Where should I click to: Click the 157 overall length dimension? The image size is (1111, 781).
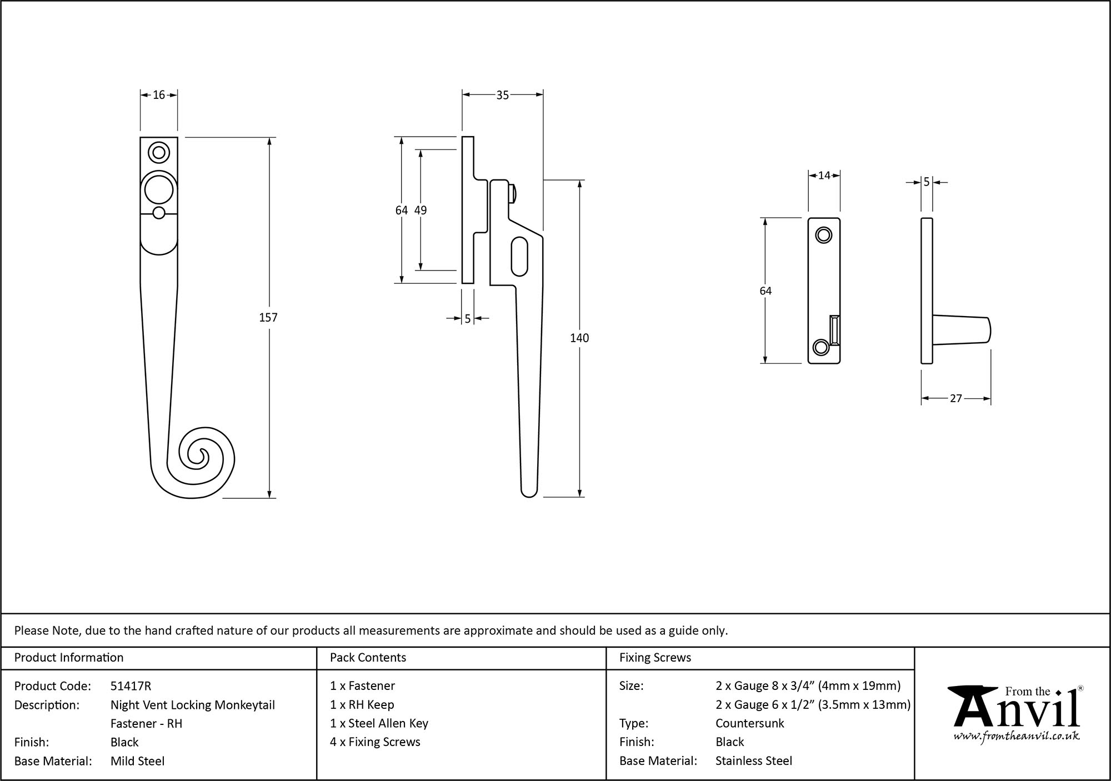coord(268,317)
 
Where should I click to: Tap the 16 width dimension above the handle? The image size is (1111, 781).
coord(159,95)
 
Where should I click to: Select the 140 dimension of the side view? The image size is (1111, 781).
coord(579,338)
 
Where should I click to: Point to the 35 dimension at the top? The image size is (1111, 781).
coord(502,96)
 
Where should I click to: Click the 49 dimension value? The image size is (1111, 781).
coord(421,210)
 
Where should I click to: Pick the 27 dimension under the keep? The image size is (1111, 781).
coord(955,398)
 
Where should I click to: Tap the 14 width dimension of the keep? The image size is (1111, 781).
coord(824,176)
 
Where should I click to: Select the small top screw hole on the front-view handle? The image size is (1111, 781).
coord(159,152)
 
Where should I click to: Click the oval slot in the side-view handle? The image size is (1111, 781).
coord(519,256)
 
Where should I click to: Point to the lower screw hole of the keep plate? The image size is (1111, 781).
coord(820,348)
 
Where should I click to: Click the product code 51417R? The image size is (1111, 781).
coord(131,686)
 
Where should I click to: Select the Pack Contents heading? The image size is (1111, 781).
coord(368,658)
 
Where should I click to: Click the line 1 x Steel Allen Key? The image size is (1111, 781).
coord(379,723)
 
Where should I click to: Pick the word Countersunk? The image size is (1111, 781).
coord(749,723)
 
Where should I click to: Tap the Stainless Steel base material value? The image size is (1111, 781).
coord(753,761)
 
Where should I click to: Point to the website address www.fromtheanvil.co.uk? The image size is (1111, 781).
coord(1017,737)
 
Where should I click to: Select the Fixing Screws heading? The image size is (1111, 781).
coord(655,658)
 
